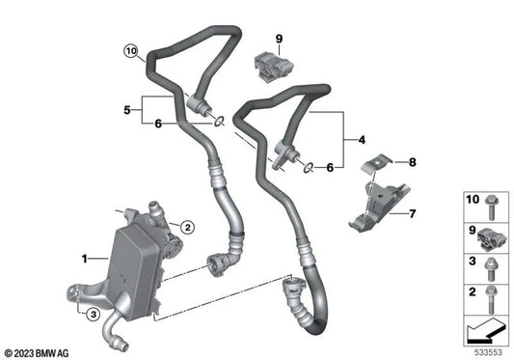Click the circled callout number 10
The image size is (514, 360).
click(131, 51)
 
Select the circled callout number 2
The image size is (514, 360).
click(187, 227)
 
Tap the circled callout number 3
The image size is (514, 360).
click(94, 315)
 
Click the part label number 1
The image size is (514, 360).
click(85, 259)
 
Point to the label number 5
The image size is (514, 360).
click(127, 110)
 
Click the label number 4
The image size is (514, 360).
click(362, 140)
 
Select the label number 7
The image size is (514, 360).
click(413, 214)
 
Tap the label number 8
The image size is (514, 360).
click(413, 162)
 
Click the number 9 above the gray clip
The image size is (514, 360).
click(279, 39)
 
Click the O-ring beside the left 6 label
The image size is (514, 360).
click(219, 122)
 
